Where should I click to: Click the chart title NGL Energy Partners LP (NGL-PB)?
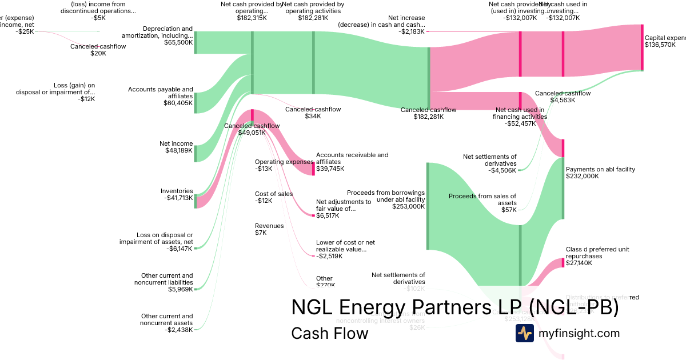click(454, 307)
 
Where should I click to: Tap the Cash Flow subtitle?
click(330, 333)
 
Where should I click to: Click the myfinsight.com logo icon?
click(524, 333)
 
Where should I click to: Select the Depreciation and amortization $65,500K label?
click(167, 35)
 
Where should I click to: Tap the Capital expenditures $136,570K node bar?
click(642, 47)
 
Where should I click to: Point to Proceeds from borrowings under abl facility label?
click(386, 199)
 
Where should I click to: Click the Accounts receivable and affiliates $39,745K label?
click(352, 162)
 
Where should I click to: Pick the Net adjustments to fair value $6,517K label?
click(343, 209)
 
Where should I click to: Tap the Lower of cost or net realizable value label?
click(345, 249)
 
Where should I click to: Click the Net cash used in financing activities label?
click(520, 117)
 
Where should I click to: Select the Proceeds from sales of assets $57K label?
click(482, 203)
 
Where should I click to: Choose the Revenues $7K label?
click(269, 229)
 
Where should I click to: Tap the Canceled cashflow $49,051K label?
click(252, 129)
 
